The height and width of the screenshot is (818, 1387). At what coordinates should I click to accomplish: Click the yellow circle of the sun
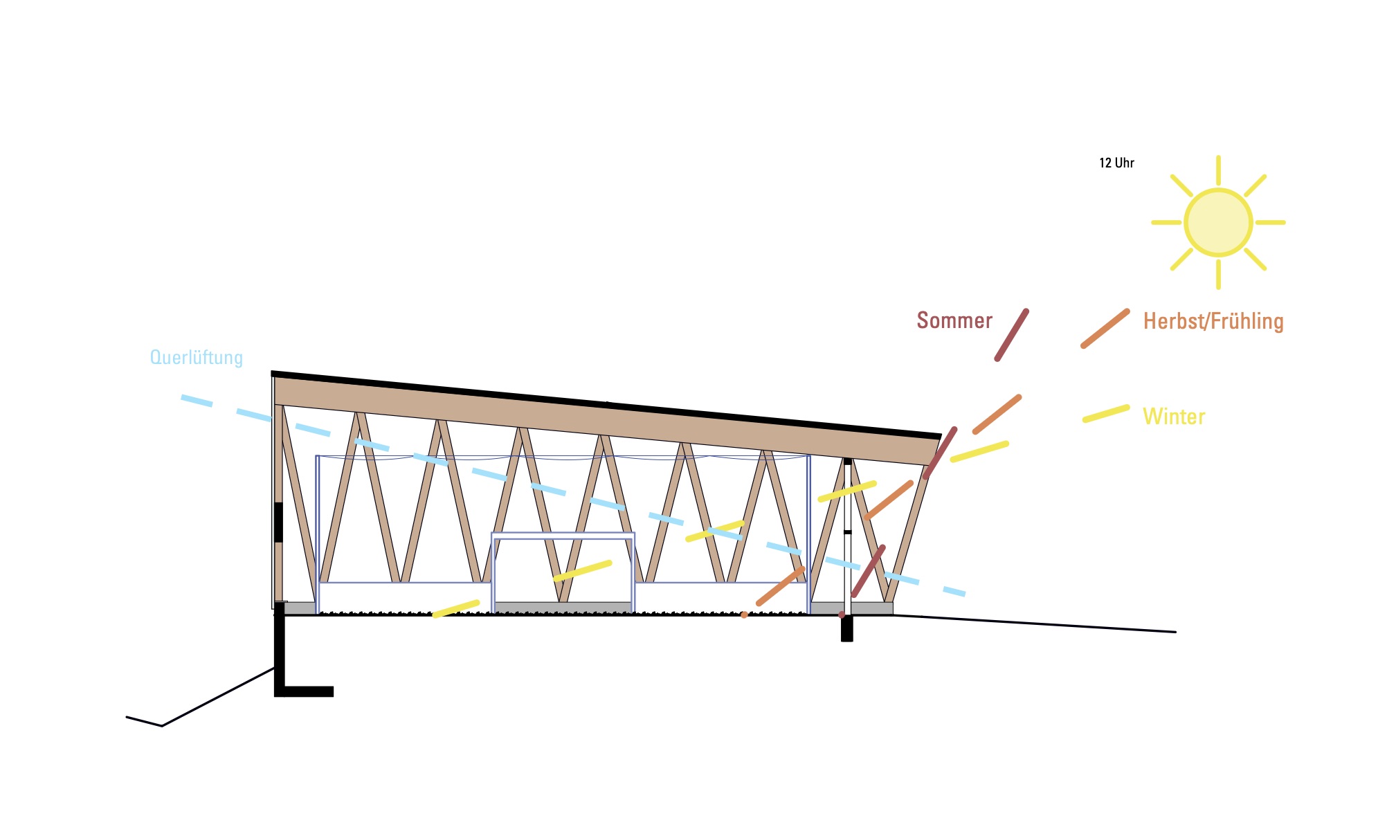(x=1218, y=222)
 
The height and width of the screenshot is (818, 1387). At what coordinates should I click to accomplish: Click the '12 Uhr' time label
(x=1116, y=163)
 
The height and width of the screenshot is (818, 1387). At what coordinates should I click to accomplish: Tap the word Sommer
(x=954, y=320)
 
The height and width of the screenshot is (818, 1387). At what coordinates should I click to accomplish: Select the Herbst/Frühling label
(x=1213, y=321)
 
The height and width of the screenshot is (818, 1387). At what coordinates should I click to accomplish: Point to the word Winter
(x=1174, y=417)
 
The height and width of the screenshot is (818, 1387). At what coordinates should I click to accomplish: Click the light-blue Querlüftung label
(x=197, y=358)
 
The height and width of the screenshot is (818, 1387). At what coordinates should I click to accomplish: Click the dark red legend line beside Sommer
(x=1011, y=335)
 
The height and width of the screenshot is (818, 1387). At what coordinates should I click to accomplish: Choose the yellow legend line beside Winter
(x=1106, y=414)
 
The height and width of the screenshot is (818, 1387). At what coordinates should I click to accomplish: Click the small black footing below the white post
(x=846, y=629)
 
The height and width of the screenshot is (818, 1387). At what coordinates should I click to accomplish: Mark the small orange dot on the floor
(x=744, y=615)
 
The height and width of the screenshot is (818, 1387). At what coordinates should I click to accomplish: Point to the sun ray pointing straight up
(x=1218, y=170)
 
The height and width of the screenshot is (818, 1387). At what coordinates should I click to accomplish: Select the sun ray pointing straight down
(x=1218, y=275)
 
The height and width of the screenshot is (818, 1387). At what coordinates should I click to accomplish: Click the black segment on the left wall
(x=278, y=522)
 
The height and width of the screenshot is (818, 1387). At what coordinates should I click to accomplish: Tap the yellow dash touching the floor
(x=455, y=608)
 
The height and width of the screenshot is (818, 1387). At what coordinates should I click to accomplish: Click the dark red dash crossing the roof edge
(x=940, y=453)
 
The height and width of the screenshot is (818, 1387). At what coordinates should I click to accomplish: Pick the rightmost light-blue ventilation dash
(x=954, y=591)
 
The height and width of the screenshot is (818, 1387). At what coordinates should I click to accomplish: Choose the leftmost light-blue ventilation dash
(x=197, y=401)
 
